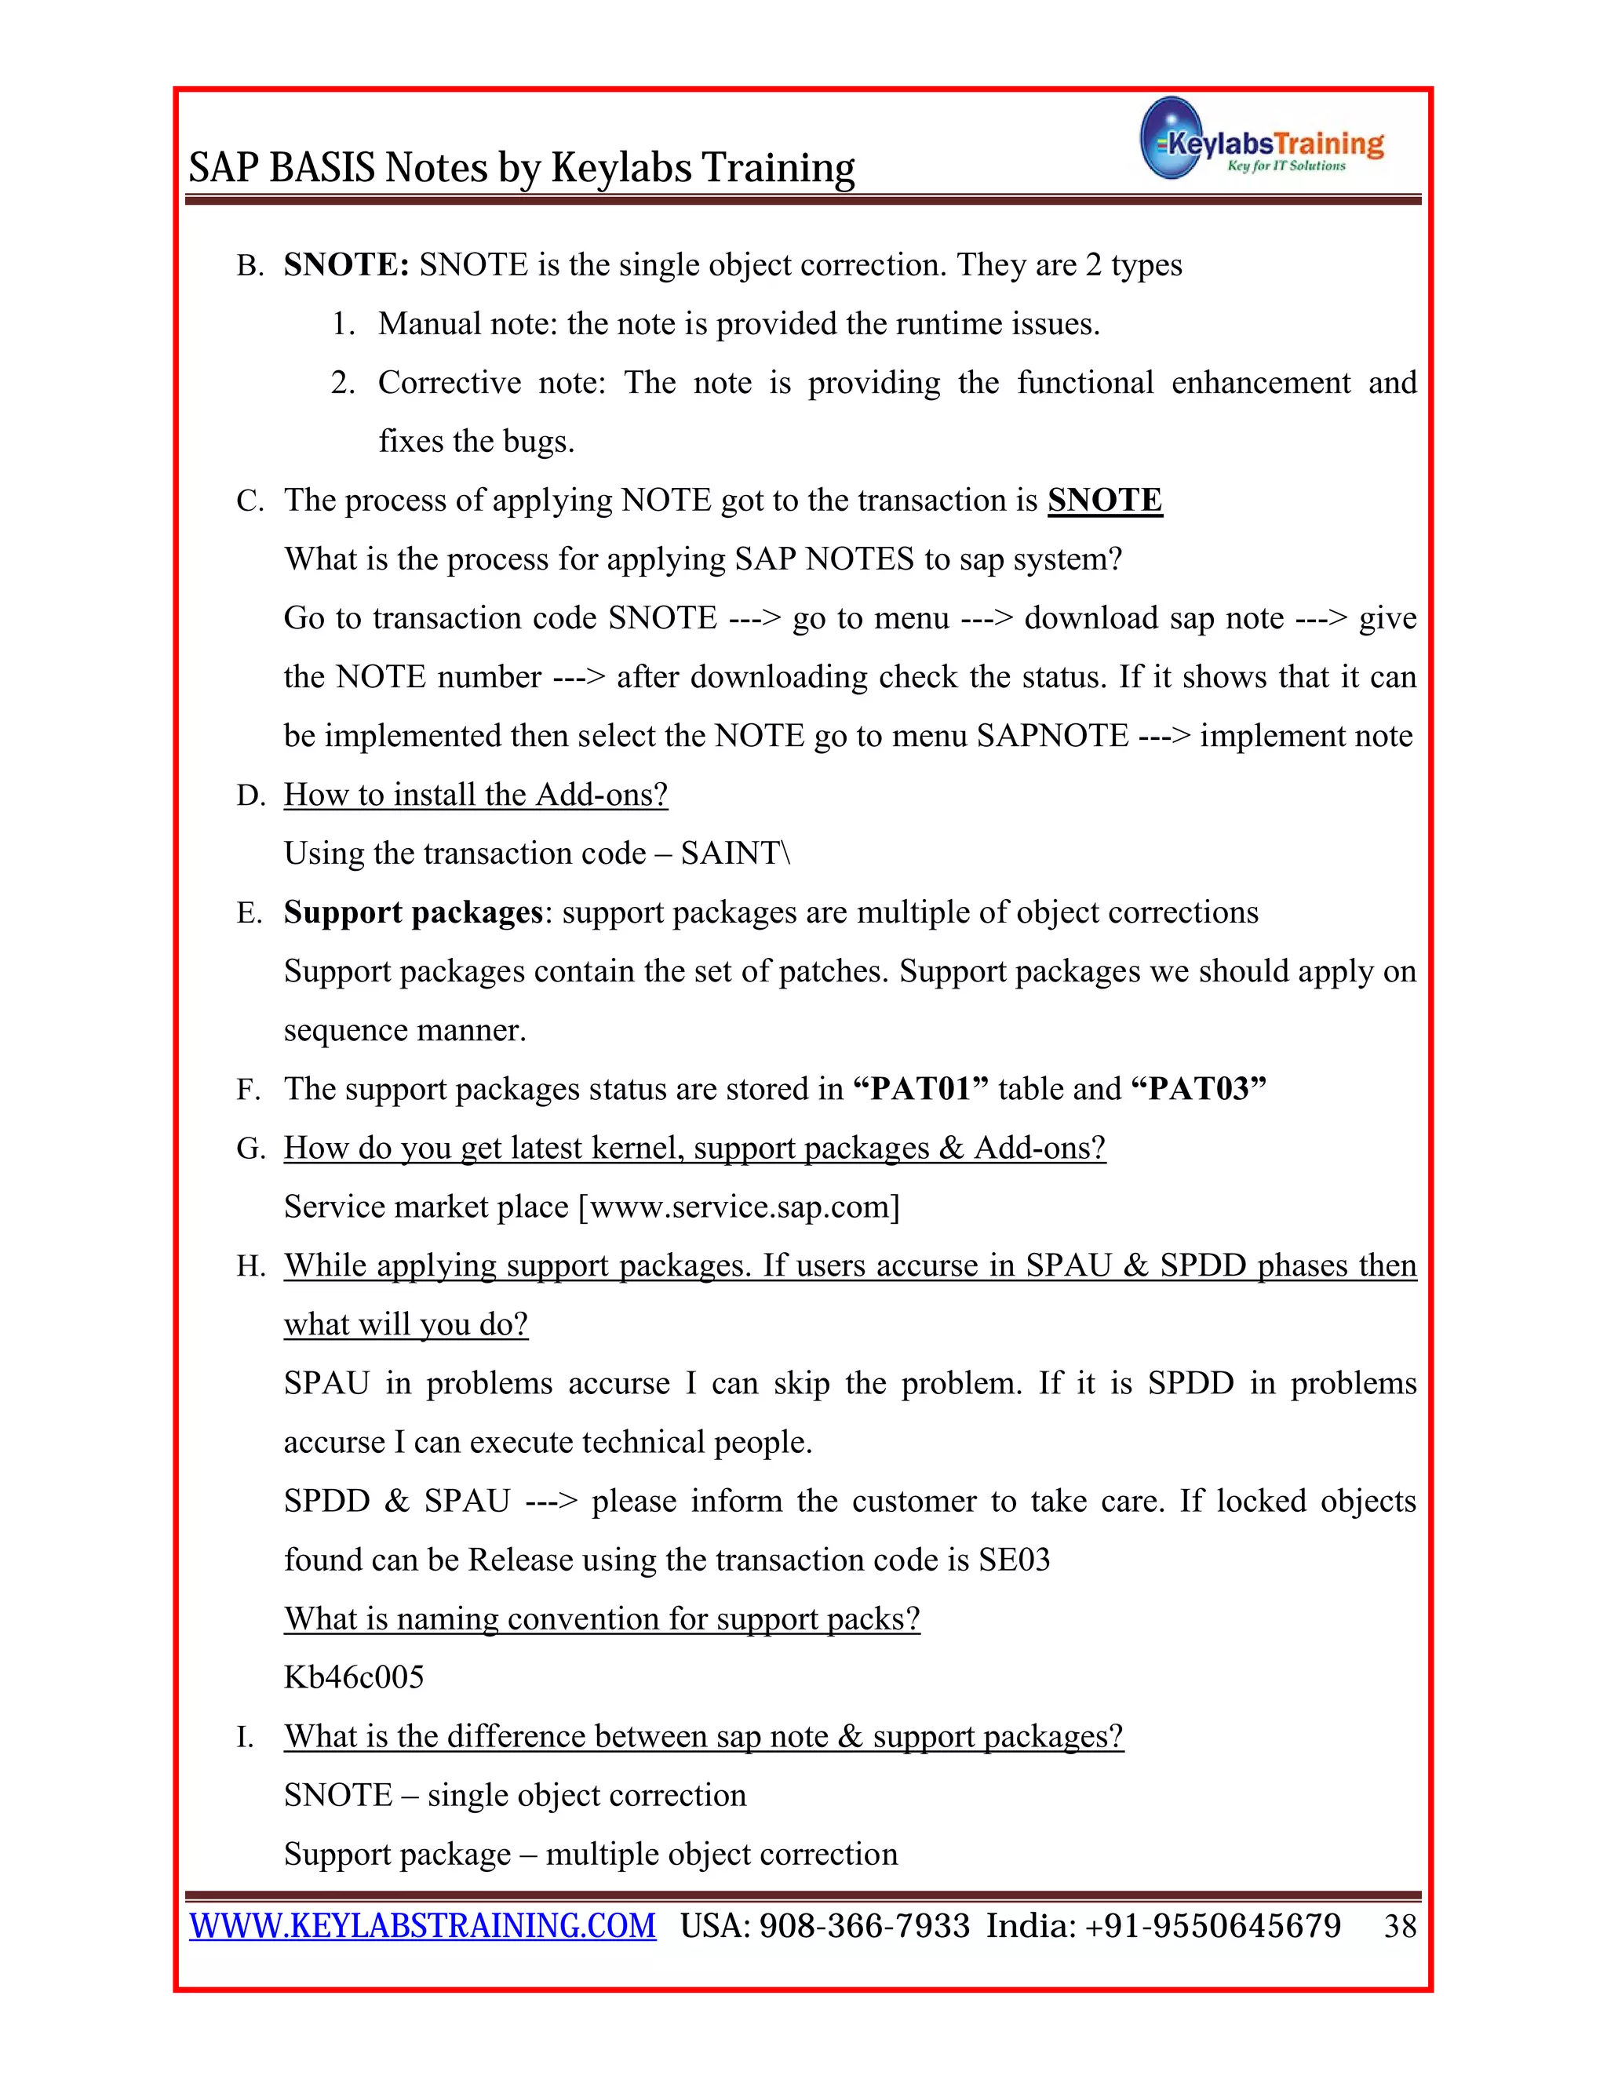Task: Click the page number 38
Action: click(1400, 1926)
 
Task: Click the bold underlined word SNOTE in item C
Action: click(1104, 500)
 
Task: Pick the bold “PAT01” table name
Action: click(921, 1088)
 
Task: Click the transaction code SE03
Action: click(1014, 1560)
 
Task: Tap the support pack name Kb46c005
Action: click(354, 1677)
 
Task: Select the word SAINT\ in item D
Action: click(735, 853)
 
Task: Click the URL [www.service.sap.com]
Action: click(738, 1206)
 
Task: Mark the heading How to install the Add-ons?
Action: click(476, 794)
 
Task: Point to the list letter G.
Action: click(250, 1148)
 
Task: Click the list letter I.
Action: click(244, 1737)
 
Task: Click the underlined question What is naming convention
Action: click(602, 1618)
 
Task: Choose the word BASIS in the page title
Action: click(322, 168)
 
